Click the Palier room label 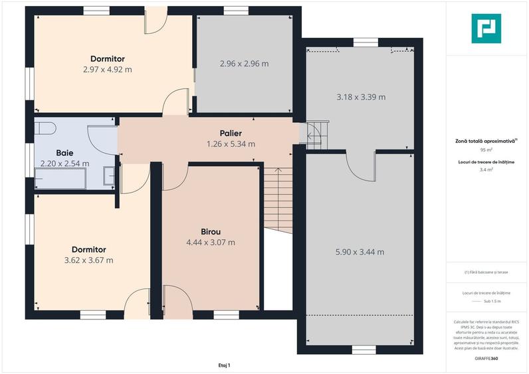(231, 134)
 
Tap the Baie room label (64, 153)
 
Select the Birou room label (211, 232)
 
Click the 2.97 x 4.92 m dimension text (108, 70)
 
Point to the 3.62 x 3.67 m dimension (89, 260)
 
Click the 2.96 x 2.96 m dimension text (245, 63)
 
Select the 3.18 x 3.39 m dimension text (361, 97)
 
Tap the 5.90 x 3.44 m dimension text (360, 252)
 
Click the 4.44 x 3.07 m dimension (211, 242)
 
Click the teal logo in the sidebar (486, 29)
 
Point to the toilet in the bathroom (45, 128)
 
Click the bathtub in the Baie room (60, 178)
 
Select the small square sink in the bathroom (109, 175)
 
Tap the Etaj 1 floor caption (225, 365)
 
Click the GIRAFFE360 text (486, 358)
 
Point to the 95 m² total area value (486, 149)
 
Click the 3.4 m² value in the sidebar (486, 169)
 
